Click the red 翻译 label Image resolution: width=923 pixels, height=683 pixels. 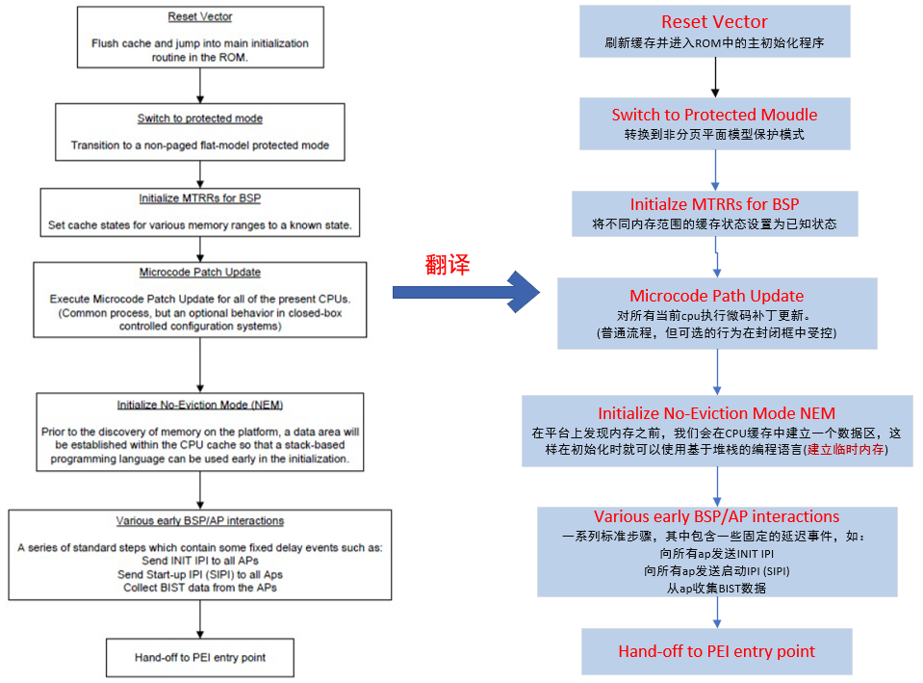click(x=448, y=266)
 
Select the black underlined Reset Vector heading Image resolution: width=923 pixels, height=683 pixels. click(x=199, y=17)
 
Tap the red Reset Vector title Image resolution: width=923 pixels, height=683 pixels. click(x=715, y=22)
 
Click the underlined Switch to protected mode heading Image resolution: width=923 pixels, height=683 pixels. click(x=199, y=118)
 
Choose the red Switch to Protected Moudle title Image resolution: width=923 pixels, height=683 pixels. click(x=714, y=115)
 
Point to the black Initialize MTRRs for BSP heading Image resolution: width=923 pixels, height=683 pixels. click(x=199, y=198)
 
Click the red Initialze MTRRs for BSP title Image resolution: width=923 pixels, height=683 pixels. click(x=714, y=204)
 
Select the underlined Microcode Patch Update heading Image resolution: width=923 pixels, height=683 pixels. click(x=199, y=273)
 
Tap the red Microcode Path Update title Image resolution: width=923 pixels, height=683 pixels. click(x=716, y=296)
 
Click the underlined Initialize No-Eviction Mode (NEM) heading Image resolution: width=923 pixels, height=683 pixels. click(x=199, y=405)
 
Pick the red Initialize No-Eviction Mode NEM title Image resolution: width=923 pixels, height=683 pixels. click(x=716, y=412)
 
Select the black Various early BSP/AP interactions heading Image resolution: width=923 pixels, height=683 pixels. click(x=199, y=521)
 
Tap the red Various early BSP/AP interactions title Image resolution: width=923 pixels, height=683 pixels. click(x=716, y=516)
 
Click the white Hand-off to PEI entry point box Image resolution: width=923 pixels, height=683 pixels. click(x=199, y=658)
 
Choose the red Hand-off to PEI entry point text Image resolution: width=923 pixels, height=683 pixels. click(x=716, y=651)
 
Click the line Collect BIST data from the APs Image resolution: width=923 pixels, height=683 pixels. click(x=199, y=588)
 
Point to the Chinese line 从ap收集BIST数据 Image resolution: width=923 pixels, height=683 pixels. click(x=716, y=588)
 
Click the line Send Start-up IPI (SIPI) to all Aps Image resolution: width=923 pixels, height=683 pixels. click(x=199, y=574)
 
